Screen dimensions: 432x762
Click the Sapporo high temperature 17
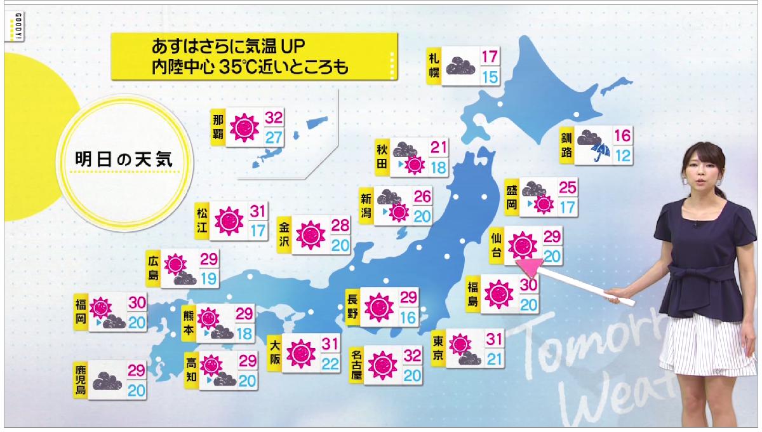coord(489,56)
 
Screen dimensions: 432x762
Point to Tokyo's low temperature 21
coord(494,358)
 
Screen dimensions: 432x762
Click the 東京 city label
coord(437,349)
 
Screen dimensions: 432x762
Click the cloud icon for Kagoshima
coord(108,382)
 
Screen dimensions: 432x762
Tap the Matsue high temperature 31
coord(258,210)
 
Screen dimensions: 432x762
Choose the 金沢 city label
coord(285,234)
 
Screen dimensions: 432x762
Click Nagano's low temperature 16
coord(408,316)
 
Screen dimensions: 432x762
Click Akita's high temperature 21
coord(438,147)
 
